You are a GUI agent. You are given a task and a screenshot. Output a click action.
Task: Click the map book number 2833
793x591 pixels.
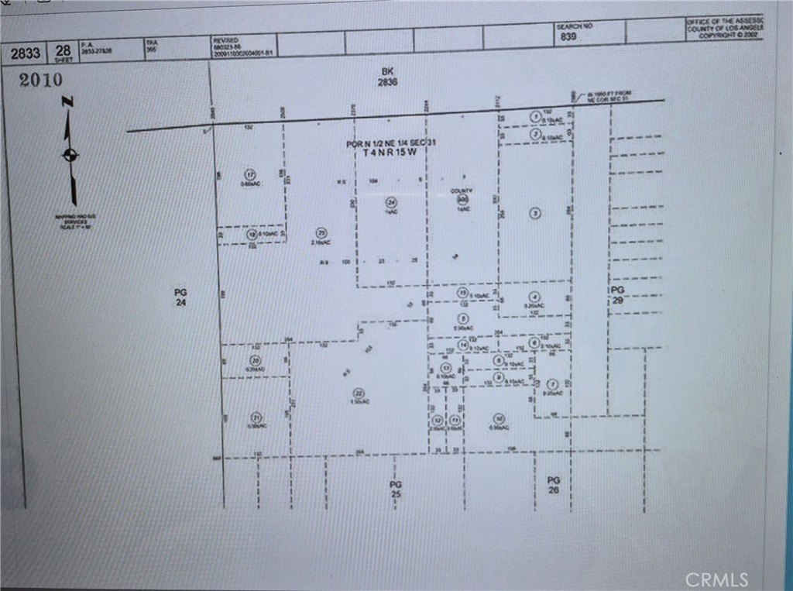[25, 53]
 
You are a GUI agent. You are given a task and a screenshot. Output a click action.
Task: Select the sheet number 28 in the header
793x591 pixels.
[62, 51]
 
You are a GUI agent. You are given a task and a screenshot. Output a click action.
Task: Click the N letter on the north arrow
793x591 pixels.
[68, 101]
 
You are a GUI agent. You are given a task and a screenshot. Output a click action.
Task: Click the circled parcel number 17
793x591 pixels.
[249, 173]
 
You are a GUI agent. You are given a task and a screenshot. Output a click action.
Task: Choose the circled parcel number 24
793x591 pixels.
[391, 203]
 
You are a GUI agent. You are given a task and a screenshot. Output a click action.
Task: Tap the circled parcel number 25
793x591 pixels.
[321, 232]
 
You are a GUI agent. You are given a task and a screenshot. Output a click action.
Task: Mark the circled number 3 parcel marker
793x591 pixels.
[534, 213]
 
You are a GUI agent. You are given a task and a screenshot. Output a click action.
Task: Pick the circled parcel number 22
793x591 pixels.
[358, 392]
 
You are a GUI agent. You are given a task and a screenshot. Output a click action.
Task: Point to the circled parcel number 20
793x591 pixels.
[256, 359]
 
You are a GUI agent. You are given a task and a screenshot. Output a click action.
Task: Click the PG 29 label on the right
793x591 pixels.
[616, 294]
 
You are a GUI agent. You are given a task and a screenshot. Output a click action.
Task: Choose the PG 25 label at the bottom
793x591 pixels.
[396, 489]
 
